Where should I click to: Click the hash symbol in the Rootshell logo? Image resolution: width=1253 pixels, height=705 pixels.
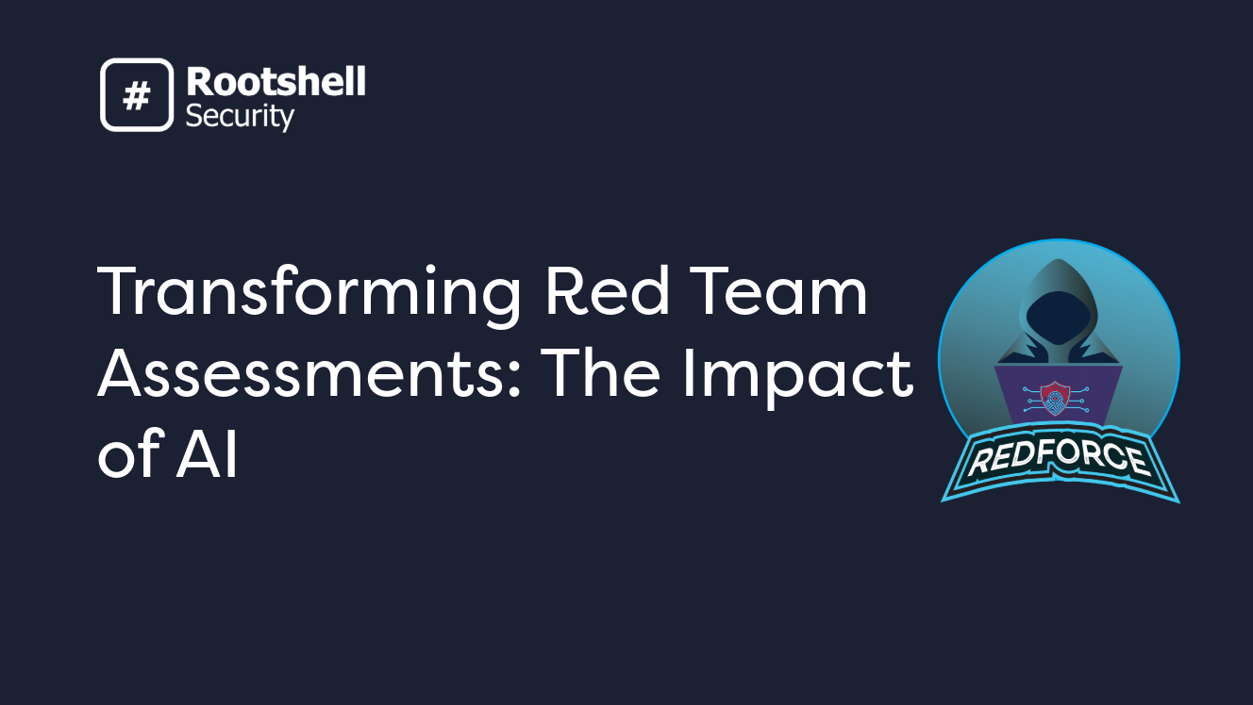(137, 94)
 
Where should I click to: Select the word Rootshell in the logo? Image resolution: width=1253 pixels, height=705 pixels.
(276, 83)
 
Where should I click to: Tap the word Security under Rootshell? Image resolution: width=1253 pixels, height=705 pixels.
(240, 116)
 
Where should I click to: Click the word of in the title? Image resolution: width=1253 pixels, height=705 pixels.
(128, 456)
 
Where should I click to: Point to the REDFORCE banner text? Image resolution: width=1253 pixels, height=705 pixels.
(1060, 459)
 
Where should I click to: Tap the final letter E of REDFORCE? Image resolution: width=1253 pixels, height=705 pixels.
(1134, 463)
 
